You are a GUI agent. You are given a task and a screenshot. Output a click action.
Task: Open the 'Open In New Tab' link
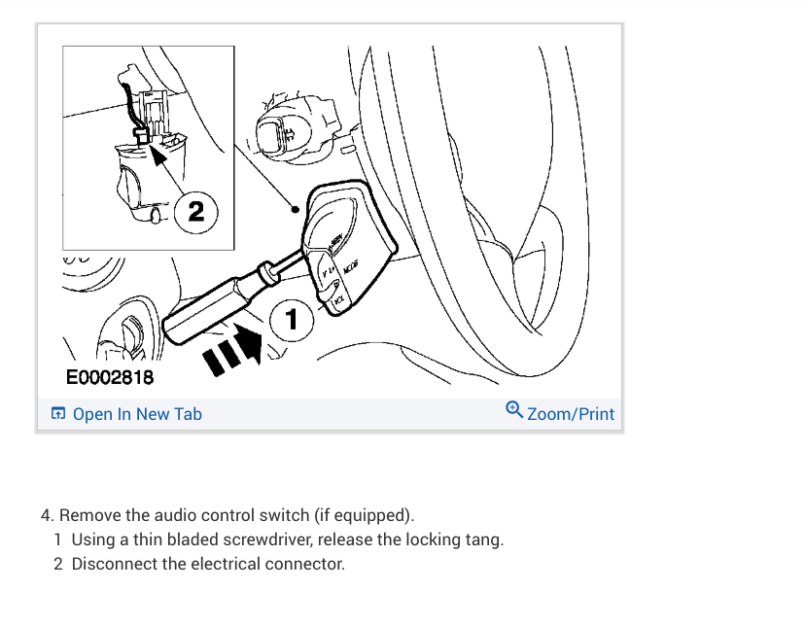coord(137,414)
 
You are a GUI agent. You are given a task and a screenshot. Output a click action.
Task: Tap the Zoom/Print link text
coord(571,414)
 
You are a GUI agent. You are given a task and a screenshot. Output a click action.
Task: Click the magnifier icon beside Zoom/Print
coord(514,411)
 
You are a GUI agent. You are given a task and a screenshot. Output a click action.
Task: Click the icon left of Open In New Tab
coord(58,414)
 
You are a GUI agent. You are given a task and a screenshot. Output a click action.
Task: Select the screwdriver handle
coord(200,306)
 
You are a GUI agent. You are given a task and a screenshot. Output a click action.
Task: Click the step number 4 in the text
coord(46,514)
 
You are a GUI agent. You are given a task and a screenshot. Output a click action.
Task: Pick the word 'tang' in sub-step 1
coord(486,539)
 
